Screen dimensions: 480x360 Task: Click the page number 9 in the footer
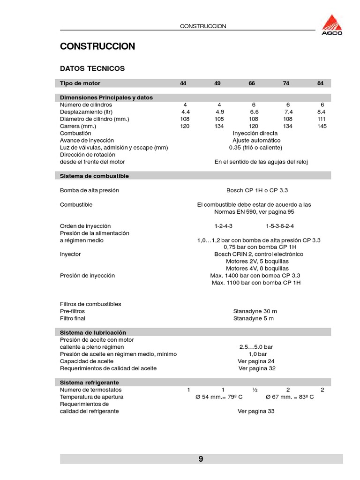click(x=201, y=459)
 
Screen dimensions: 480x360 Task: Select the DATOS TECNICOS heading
click(x=92, y=68)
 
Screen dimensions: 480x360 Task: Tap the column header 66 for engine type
click(x=252, y=83)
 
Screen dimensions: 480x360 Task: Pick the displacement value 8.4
click(x=321, y=112)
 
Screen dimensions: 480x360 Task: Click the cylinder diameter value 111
click(x=322, y=119)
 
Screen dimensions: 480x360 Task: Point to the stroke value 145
click(x=322, y=126)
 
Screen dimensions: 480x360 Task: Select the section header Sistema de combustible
click(x=94, y=176)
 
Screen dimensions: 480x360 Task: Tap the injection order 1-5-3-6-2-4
click(x=280, y=226)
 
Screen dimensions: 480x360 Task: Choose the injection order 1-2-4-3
click(x=224, y=226)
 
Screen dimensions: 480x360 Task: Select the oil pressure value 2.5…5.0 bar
click(x=256, y=347)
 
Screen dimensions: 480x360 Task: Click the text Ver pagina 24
click(x=256, y=361)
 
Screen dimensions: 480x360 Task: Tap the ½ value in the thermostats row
click(x=255, y=390)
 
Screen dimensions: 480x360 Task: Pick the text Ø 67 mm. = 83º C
click(x=290, y=397)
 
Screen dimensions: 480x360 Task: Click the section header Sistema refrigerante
click(x=90, y=382)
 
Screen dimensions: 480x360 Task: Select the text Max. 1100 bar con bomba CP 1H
click(x=256, y=283)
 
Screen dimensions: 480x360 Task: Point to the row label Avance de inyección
click(x=87, y=140)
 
